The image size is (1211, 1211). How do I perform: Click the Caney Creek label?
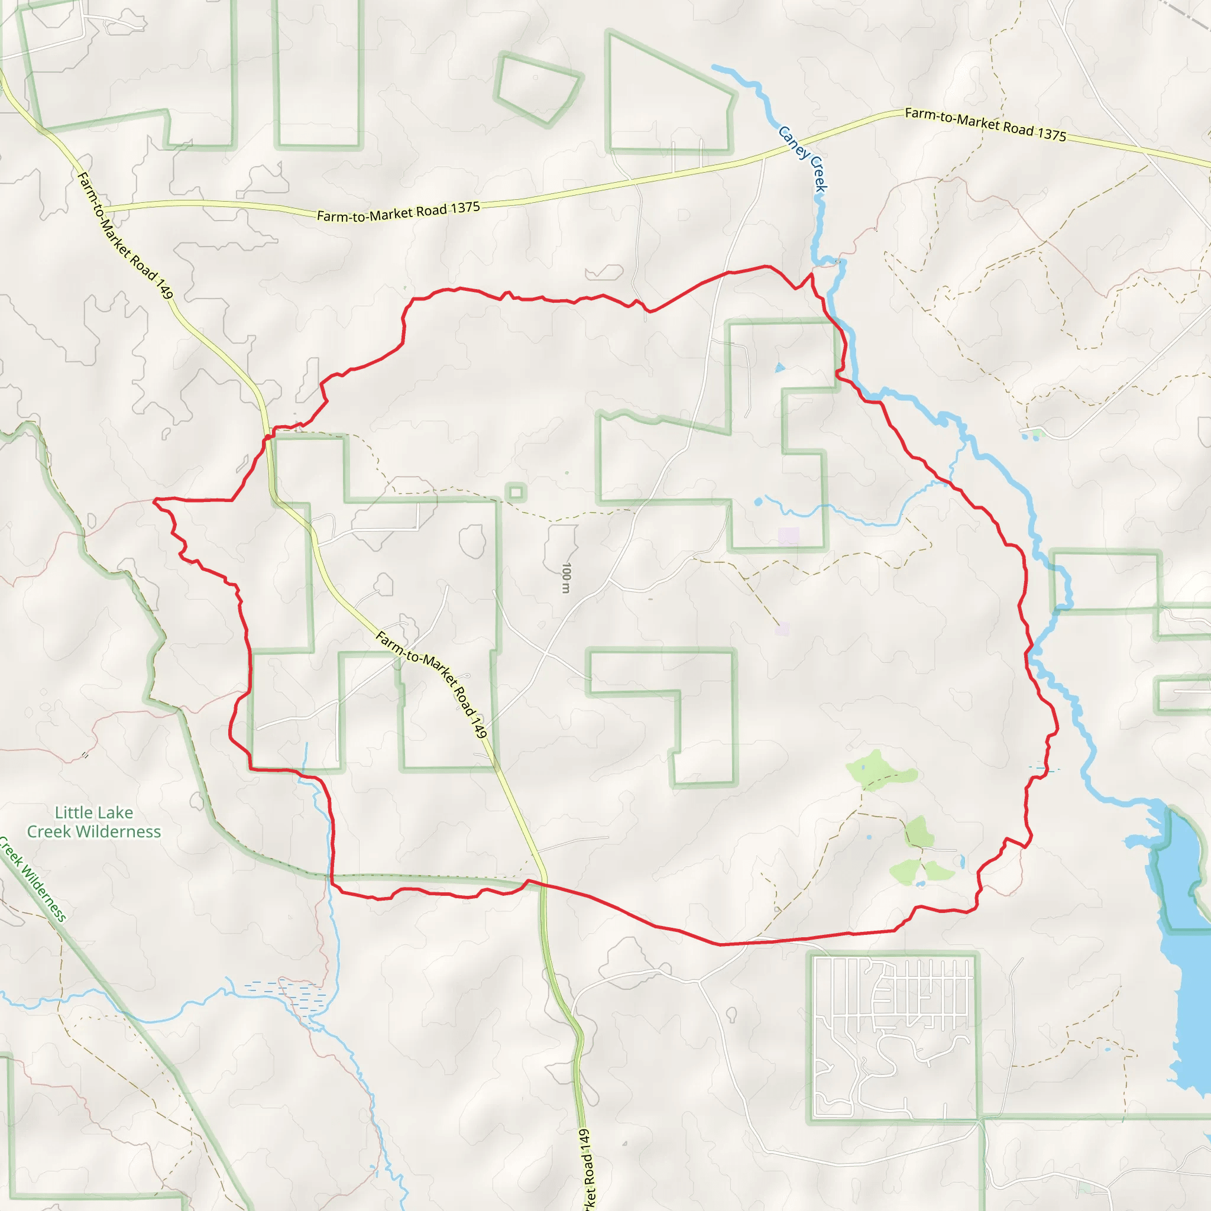point(803,158)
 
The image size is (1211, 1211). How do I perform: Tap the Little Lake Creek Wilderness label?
point(94,822)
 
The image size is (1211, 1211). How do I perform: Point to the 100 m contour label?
point(566,577)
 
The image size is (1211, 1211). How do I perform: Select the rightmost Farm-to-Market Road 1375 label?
point(985,124)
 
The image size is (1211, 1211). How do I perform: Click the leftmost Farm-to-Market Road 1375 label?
point(398,212)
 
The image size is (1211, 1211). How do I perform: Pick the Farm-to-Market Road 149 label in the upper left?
point(124,235)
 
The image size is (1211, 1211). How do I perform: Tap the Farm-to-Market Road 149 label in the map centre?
point(431,684)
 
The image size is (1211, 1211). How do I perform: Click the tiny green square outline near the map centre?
point(516,493)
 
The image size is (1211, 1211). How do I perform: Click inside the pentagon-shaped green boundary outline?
point(538,88)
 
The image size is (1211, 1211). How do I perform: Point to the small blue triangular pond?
point(779,368)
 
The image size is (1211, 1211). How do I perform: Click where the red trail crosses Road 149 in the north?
point(268,434)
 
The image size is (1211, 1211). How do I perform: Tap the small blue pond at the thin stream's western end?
point(759,501)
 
